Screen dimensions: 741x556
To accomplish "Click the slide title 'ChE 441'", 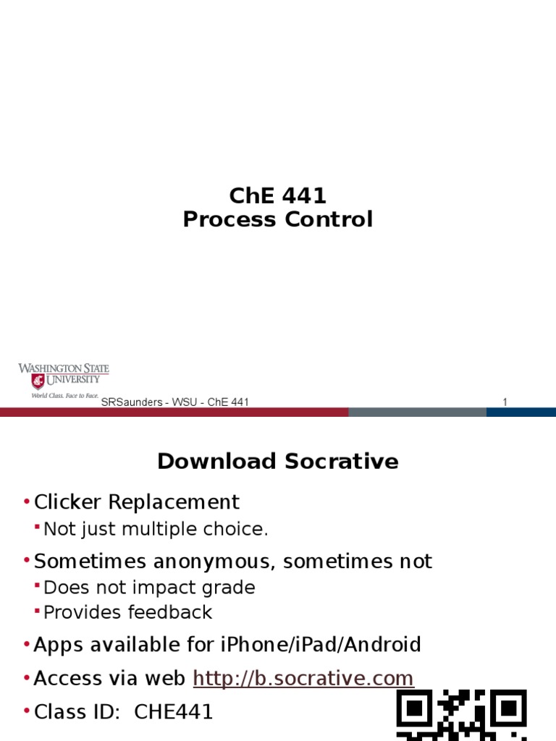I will point(278,195).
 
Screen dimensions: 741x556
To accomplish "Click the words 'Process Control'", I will point(278,219).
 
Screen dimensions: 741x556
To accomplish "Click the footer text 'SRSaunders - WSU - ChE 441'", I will point(175,402).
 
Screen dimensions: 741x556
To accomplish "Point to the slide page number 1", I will point(505,402).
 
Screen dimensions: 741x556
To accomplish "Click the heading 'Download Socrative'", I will point(278,462).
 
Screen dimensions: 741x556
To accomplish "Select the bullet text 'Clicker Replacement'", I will point(137,501).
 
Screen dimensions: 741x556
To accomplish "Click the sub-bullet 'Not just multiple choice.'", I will point(156,529).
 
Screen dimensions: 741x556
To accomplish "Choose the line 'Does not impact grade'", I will point(149,587).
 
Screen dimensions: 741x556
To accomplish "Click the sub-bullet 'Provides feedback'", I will point(127,612).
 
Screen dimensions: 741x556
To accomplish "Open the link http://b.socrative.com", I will point(303,678).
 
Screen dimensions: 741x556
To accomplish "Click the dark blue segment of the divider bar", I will point(521,412).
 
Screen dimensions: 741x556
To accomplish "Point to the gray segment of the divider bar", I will point(417,412).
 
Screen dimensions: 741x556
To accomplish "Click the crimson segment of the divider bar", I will point(174,412).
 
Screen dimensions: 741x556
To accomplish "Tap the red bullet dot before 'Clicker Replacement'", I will point(27,502).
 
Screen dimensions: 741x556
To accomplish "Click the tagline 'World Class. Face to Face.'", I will point(64,396).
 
